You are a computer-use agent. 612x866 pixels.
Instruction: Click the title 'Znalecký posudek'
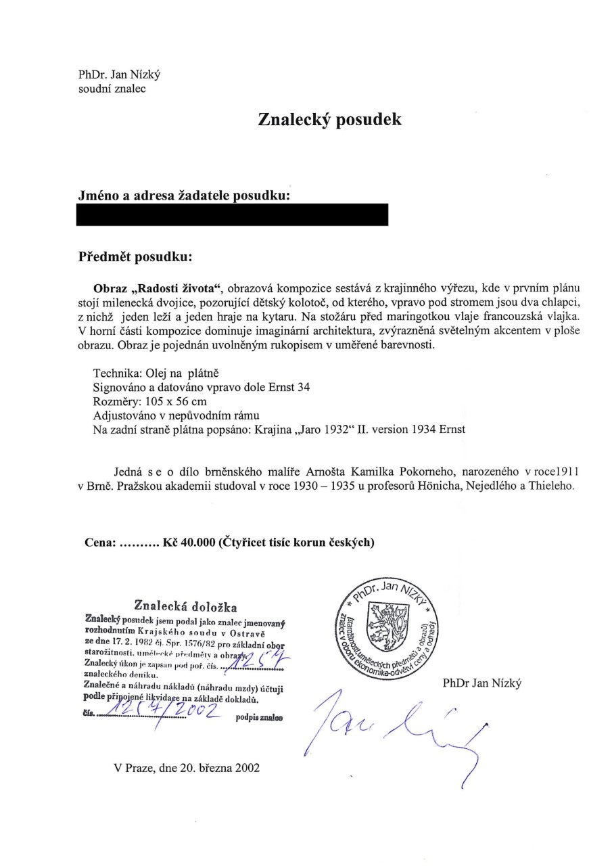click(329, 120)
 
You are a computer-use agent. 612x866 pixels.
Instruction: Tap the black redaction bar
click(233, 214)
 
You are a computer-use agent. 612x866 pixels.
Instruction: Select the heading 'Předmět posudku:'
click(136, 257)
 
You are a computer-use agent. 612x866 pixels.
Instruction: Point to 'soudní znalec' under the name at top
click(112, 88)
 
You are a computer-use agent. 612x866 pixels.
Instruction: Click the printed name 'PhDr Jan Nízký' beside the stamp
click(482, 684)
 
